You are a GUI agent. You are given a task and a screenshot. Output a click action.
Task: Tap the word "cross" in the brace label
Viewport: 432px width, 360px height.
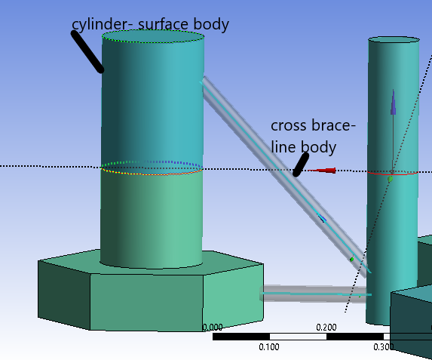288,126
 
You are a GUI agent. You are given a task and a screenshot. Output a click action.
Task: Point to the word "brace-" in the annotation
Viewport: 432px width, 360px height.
332,125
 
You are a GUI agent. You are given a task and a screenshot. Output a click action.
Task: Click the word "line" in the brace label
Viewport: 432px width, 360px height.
283,146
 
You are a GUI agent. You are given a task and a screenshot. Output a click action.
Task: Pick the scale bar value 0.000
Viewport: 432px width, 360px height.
213,328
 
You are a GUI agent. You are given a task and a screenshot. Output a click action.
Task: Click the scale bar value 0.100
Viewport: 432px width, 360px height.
269,346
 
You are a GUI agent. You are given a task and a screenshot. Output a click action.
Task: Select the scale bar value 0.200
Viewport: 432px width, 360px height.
326,328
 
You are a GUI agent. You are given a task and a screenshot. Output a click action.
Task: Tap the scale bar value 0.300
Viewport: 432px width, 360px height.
383,346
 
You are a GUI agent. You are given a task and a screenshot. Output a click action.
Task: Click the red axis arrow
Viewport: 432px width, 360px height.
321,171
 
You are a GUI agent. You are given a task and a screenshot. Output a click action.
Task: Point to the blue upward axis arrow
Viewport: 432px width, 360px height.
393,102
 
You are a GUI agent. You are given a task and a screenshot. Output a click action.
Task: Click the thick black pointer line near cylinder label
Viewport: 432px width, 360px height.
87,51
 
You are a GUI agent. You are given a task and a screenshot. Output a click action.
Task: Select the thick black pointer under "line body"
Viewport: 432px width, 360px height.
301,165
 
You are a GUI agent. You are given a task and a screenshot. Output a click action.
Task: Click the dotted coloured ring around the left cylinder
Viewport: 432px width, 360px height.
152,174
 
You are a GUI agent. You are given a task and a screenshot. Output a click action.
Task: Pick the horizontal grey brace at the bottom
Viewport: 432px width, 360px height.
314,294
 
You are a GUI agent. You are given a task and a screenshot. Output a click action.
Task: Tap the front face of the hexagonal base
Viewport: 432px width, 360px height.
146,303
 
